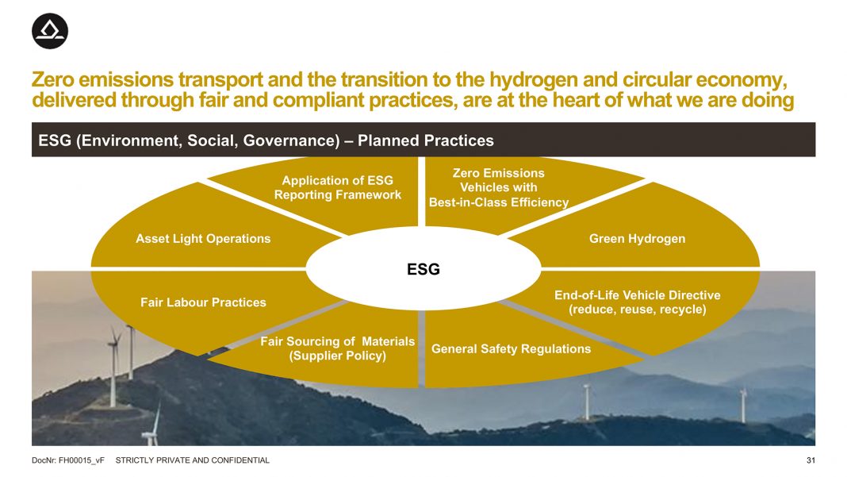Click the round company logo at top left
pos(50,32)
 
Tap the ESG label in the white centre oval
pos(423,269)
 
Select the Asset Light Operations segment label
pos(203,238)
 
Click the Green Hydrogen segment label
pos(638,238)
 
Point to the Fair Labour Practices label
pos(203,302)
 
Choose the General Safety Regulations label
pos(511,349)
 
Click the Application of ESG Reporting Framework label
pos(338,187)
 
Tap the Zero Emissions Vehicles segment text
pos(499,187)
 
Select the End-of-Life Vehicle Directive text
pos(638,295)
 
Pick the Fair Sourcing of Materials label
pos(338,348)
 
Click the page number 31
pos(811,460)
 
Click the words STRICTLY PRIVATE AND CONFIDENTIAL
pos(192,460)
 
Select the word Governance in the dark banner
pos(291,140)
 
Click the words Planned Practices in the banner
pos(426,140)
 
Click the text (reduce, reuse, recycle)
pos(638,310)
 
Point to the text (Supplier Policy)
pos(338,356)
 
